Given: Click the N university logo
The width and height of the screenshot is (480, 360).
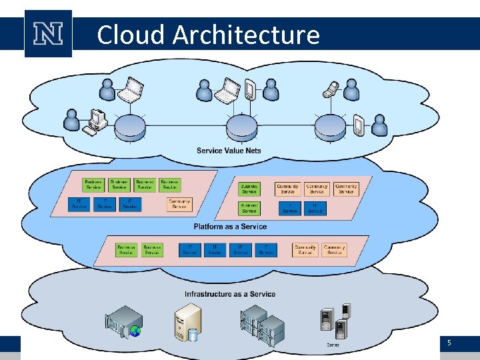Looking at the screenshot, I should pos(48,33).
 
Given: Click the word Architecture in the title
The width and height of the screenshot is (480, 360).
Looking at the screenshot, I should pos(246,35).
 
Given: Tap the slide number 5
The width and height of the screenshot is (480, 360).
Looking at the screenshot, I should pos(449,343).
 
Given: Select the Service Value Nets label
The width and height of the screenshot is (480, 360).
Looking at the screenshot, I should pos(229,151).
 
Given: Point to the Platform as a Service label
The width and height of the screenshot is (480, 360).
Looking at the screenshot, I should pos(230,227).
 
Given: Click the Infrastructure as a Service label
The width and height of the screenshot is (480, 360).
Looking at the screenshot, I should pos(230,294).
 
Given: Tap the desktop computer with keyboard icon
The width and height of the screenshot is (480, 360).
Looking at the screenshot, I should pos(95,121).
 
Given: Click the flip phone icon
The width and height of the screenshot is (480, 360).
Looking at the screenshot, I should pos(331,88).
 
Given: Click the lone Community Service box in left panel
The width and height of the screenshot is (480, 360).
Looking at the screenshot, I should pos(179,205).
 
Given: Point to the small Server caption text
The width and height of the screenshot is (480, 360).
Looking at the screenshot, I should pos(333,345).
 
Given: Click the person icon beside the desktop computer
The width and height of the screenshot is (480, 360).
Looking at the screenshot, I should pos(71,121).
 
